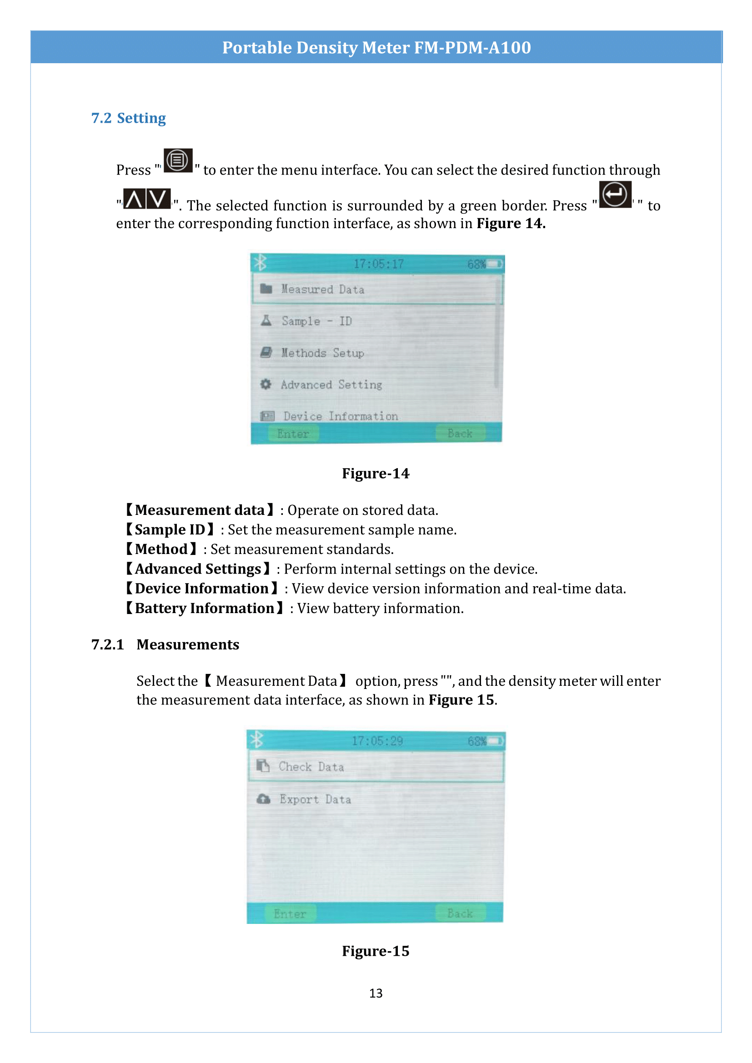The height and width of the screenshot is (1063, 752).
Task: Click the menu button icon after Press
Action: [x=178, y=160]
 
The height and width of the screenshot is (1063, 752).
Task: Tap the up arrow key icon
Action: [x=134, y=199]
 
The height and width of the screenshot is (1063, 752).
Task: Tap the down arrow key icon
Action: [x=159, y=199]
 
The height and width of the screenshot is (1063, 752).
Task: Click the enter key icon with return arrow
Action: [x=615, y=195]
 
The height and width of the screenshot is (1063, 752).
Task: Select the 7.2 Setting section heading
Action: [x=128, y=118]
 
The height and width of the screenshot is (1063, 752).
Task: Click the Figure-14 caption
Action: [x=376, y=473]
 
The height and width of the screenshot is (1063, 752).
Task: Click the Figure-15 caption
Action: [x=376, y=950]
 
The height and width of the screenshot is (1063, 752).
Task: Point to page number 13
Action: [x=376, y=993]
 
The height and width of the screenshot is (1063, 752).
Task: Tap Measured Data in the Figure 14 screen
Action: [x=323, y=289]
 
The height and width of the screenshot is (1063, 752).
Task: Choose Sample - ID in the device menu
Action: [x=317, y=321]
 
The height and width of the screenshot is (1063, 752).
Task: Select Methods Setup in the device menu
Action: [x=323, y=353]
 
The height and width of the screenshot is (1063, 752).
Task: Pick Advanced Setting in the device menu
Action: [x=331, y=384]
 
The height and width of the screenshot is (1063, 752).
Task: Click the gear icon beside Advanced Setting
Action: [x=266, y=384]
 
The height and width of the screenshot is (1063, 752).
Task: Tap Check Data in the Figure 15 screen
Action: [x=311, y=767]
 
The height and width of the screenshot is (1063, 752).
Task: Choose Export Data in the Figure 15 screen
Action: [x=315, y=799]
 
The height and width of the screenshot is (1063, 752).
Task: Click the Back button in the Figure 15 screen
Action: [x=460, y=913]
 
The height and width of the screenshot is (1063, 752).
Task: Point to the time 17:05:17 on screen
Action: [x=378, y=264]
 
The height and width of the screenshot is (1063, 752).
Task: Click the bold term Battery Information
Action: [x=204, y=608]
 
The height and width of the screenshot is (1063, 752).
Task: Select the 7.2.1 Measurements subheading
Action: [x=165, y=644]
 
